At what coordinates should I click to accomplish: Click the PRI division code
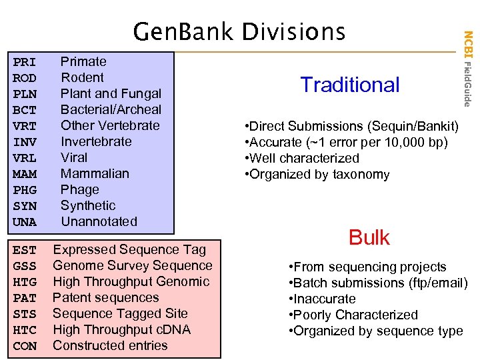25,62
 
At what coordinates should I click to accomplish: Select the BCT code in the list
25,110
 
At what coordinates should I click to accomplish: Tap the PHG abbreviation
25,190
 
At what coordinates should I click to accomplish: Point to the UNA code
25,222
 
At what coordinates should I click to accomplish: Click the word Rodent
82,77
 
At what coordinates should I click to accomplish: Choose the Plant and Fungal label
111,93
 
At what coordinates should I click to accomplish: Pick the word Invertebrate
96,141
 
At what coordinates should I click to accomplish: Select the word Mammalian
95,173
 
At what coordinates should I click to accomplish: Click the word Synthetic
88,205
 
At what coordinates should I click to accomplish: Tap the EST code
25,250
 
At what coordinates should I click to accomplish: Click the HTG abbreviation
25,282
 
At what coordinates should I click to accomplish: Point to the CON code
25,346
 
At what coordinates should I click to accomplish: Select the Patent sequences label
105,297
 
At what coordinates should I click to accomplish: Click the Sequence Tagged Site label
120,313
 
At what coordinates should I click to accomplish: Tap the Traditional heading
350,85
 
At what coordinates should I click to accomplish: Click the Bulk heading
369,237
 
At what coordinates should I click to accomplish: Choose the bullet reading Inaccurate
322,299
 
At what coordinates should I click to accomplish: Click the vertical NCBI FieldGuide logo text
468,67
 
